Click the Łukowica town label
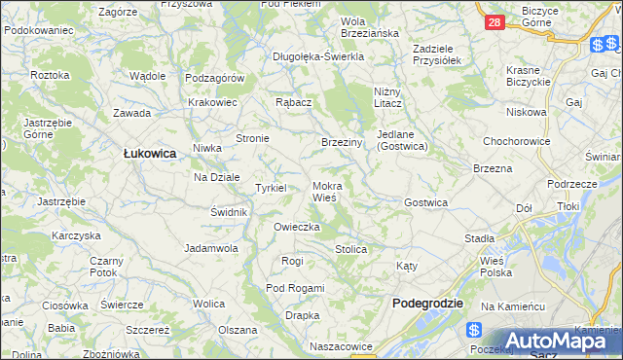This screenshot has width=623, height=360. point(149,153)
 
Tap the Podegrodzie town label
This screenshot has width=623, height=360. point(427,304)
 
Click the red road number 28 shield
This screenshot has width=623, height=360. point(495,22)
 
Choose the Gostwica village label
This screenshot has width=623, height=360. point(425,202)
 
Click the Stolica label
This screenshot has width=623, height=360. point(350,250)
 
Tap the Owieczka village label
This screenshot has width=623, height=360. point(297,227)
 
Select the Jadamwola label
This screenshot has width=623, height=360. point(212,248)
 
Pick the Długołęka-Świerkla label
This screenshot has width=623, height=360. point(318,56)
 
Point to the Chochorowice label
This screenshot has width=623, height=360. point(519,141)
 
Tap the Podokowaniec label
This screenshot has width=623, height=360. point(39,30)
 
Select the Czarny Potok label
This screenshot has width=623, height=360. point(106,268)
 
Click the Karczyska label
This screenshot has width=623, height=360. point(77,235)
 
